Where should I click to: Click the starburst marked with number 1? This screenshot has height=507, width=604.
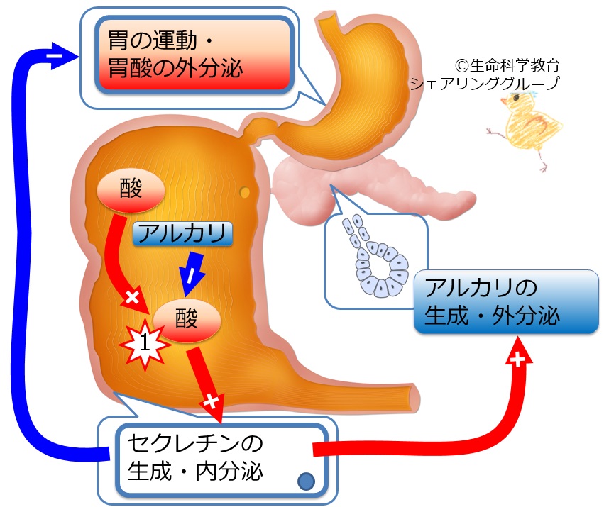145,342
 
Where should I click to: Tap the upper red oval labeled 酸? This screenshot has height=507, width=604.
131,189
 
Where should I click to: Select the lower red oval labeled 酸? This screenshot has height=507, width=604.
187,319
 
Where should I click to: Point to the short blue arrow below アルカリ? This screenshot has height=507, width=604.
192,274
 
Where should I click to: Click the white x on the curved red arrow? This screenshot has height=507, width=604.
132,297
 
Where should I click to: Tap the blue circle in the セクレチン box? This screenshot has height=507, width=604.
306,481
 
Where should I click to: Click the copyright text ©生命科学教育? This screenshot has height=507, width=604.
507,65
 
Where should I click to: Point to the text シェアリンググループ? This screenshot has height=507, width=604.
485,83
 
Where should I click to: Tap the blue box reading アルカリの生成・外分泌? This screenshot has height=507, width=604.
506,301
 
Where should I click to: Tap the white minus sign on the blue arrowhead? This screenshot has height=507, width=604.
55,57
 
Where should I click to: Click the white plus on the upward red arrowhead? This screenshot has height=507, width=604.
518,360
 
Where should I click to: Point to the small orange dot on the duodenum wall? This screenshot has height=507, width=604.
245,191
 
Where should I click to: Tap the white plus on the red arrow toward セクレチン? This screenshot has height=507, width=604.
211,401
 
